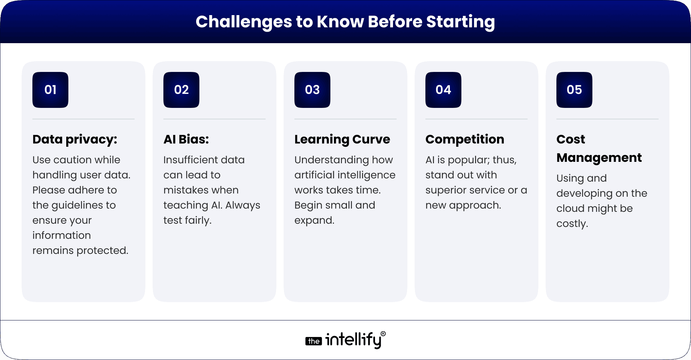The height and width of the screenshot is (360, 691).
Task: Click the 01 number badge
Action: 50,90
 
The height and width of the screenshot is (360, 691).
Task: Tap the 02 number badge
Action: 181,90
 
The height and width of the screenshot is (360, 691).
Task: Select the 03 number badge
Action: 312,90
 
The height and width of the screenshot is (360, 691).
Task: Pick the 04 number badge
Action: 443,90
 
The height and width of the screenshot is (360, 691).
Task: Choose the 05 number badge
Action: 574,90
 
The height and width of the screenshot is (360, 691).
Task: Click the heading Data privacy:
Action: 75,140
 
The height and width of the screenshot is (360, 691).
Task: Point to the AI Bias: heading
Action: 186,140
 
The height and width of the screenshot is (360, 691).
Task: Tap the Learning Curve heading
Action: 342,140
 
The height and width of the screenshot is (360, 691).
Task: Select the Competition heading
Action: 465,140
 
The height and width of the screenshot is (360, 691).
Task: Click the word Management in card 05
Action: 599,158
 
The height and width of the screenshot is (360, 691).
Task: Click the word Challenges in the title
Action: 244,22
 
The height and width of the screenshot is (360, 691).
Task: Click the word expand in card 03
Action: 313,220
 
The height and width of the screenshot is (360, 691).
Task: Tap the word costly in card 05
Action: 571,224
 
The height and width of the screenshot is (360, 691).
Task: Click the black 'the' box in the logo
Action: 313,341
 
